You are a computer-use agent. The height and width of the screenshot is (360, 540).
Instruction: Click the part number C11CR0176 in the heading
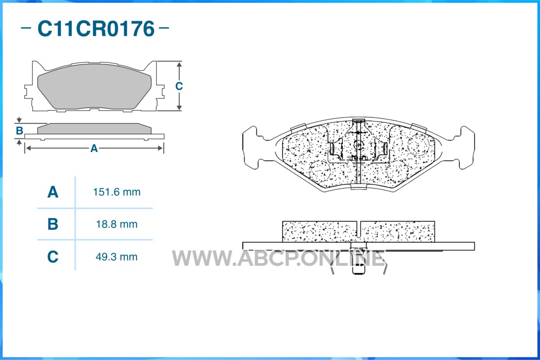click(96, 28)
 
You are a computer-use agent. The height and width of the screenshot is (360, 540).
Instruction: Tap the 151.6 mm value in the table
click(117, 192)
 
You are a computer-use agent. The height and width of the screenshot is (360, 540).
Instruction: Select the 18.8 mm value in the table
click(117, 225)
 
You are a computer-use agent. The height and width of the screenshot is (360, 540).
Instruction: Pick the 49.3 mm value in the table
click(117, 257)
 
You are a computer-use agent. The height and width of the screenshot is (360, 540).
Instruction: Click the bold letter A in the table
click(53, 192)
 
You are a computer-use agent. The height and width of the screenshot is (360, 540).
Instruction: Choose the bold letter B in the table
click(53, 224)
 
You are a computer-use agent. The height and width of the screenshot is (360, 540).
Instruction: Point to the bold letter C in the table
click(53, 257)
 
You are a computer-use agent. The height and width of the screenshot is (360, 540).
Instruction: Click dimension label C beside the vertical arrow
click(179, 86)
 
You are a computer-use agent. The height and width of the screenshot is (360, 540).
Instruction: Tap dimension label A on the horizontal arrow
click(94, 148)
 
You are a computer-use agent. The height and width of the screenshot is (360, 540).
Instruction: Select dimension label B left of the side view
click(20, 131)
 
